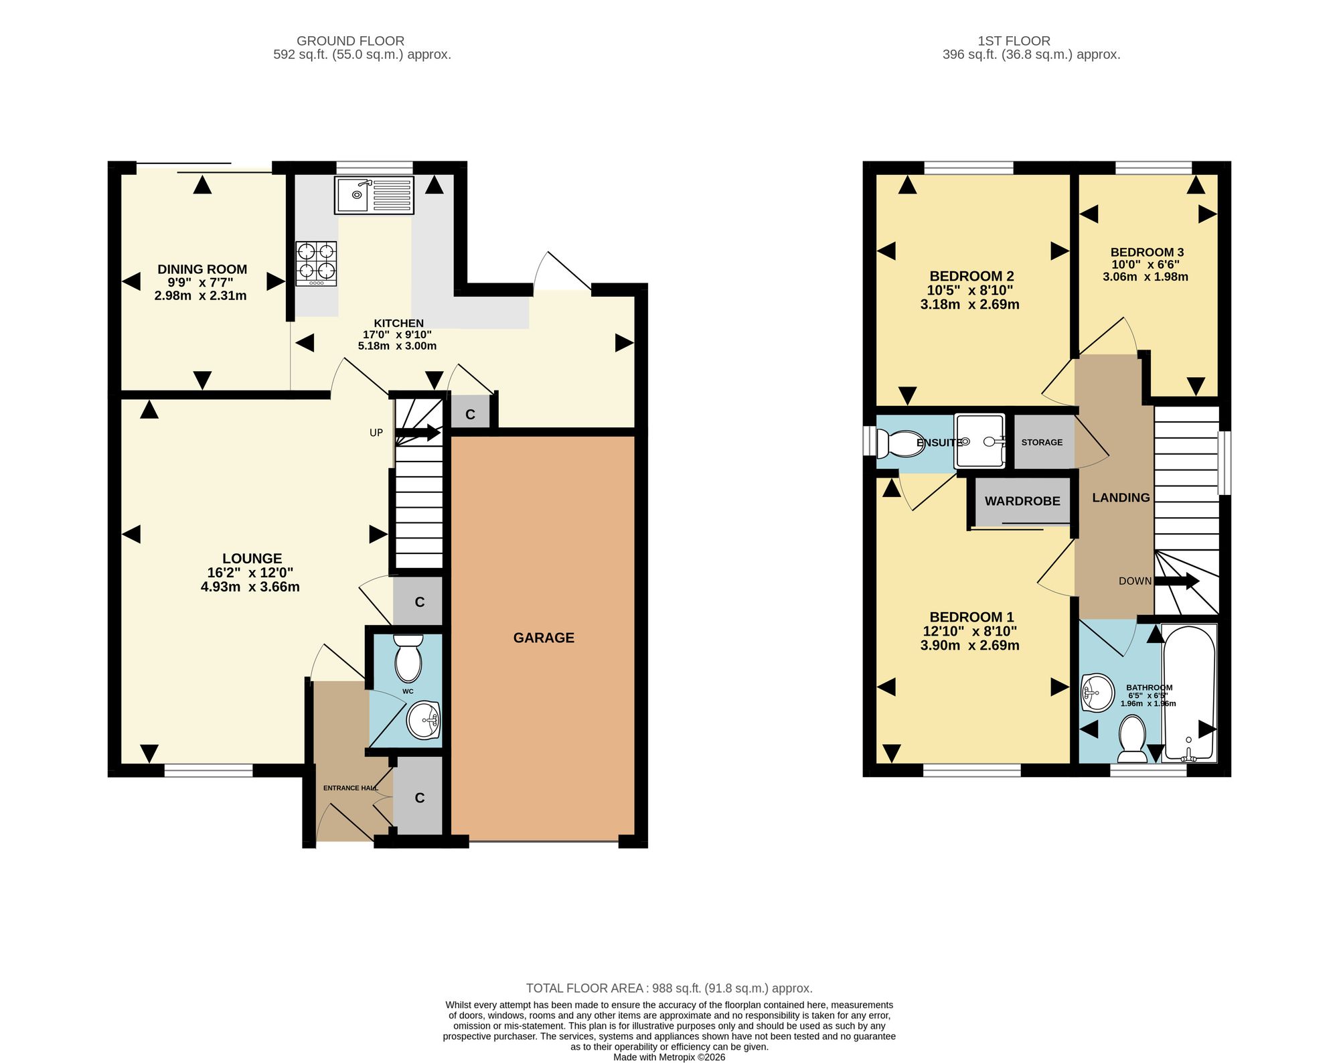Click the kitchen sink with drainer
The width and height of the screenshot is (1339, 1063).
374,195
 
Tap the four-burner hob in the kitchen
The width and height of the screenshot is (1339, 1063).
316,263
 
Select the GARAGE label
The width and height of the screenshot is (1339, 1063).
544,638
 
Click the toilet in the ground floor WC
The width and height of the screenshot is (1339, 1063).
408,658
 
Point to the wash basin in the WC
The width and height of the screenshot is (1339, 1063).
423,721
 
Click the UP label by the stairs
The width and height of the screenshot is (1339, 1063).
376,433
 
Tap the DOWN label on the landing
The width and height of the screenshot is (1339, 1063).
1135,581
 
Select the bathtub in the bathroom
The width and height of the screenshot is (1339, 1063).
1189,693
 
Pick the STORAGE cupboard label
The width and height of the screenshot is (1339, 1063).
1042,442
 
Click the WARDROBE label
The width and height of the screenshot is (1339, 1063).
1022,501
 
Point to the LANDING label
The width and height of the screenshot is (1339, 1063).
1121,498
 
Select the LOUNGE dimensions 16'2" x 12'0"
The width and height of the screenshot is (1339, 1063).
250,573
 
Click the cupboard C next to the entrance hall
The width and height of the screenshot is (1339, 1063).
420,798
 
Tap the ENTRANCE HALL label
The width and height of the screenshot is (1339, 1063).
351,788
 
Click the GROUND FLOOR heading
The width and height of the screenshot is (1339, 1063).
350,41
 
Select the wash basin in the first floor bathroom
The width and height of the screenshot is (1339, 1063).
1097,693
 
